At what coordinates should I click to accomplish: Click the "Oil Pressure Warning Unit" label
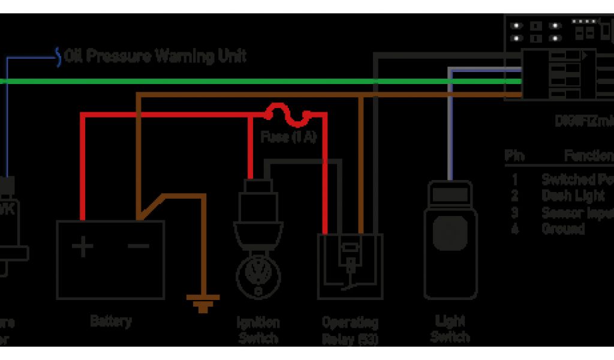[156, 56]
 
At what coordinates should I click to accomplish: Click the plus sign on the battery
[83, 245]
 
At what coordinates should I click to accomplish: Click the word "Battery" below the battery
[110, 321]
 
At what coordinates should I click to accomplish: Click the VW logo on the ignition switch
[258, 277]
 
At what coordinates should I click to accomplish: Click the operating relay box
[350, 267]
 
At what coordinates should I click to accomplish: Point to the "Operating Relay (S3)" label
[350, 329]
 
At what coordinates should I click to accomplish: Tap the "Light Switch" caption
[450, 329]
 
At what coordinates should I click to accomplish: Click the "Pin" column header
[514, 156]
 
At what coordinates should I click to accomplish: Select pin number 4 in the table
[514, 229]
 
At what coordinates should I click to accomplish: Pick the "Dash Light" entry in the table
[573, 196]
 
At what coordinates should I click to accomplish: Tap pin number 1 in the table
[514, 179]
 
